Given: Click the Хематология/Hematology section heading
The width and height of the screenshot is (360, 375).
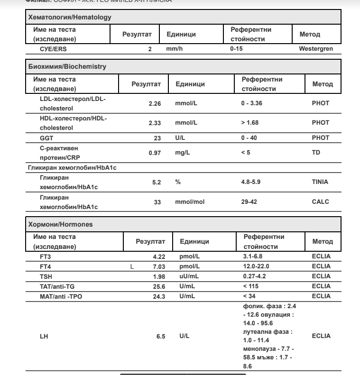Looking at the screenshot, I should pyautogui.click(x=70, y=17).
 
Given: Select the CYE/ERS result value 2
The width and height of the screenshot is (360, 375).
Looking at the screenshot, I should pyautogui.click(x=149, y=49).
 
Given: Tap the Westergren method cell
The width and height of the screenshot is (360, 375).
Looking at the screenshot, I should pyautogui.click(x=316, y=48).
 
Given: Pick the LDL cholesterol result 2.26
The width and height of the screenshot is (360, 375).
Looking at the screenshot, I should pyautogui.click(x=155, y=103).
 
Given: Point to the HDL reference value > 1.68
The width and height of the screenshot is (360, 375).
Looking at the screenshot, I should pyautogui.click(x=249, y=123).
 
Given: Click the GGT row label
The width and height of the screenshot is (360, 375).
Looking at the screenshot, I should pyautogui.click(x=46, y=137).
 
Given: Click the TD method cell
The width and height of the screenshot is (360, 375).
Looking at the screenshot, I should pyautogui.click(x=316, y=153).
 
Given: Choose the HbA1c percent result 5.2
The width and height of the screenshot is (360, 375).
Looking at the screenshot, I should pyautogui.click(x=158, y=183).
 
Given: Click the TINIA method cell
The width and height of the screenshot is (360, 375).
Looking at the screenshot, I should pyautogui.click(x=320, y=182).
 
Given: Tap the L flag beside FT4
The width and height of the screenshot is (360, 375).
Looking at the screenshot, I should pyautogui.click(x=132, y=266).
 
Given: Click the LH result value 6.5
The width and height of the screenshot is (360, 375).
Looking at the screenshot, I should pyautogui.click(x=161, y=336).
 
